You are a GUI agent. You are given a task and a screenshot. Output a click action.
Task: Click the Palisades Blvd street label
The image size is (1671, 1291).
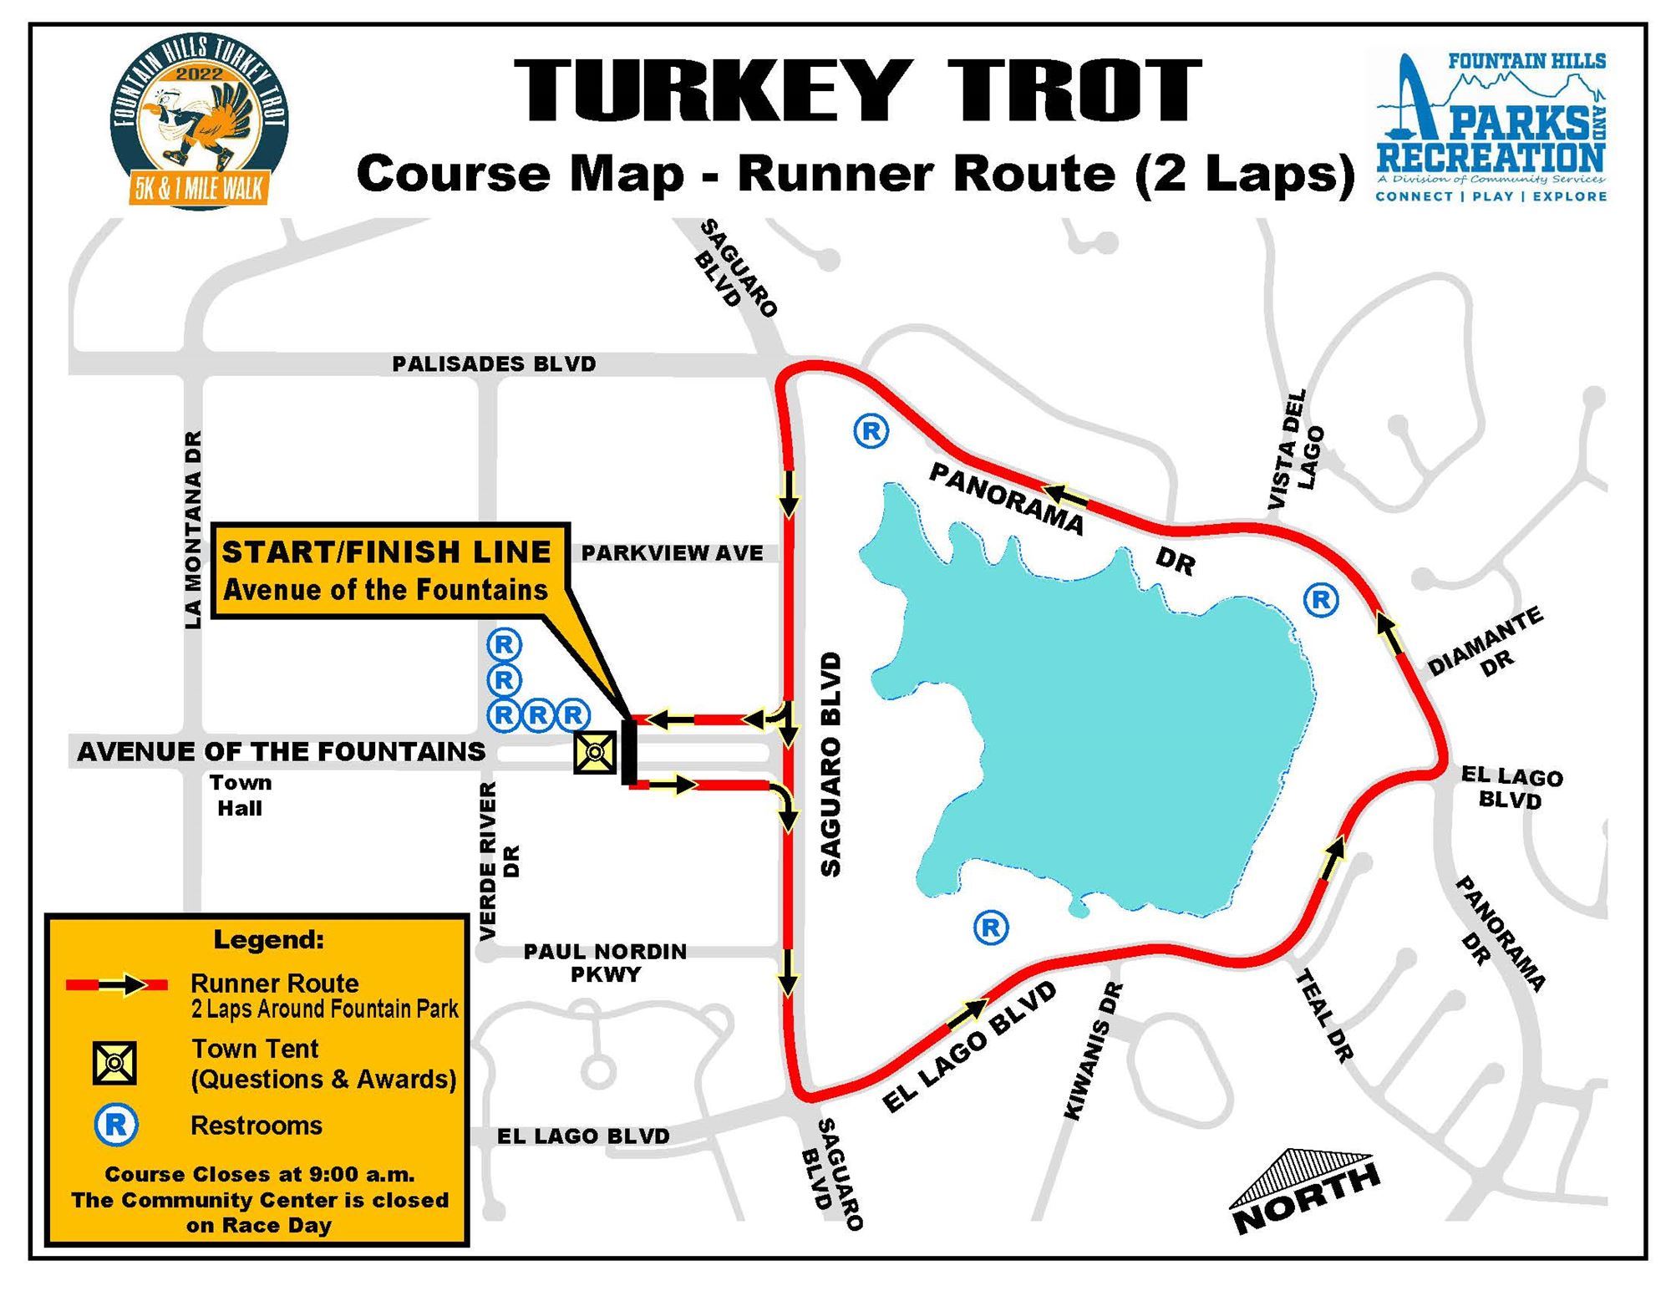pyautogui.click(x=494, y=364)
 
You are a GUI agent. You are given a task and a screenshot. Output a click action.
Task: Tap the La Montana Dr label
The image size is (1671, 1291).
pyautogui.click(x=193, y=530)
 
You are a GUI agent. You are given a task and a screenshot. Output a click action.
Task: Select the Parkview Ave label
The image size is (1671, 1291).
pyautogui.click(x=672, y=553)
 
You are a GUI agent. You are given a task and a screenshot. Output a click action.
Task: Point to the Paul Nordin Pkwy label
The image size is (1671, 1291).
pyautogui.click(x=605, y=963)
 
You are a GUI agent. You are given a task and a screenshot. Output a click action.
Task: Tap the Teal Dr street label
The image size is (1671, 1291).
pyautogui.click(x=1323, y=1015)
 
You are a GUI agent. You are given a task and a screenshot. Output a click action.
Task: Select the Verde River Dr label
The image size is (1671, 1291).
pyautogui.click(x=500, y=861)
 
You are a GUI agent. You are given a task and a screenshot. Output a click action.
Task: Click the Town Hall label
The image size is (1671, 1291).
pyautogui.click(x=240, y=795)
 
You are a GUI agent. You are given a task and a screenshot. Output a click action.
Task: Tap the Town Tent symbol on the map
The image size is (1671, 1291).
pyautogui.click(x=594, y=752)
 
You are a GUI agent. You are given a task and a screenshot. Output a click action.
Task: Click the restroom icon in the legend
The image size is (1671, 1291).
pyautogui.click(x=116, y=1125)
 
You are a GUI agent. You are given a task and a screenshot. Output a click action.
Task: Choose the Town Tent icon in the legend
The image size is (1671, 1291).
pyautogui.click(x=114, y=1064)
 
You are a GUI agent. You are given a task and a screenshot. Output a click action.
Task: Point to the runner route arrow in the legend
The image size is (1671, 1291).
pyautogui.click(x=118, y=985)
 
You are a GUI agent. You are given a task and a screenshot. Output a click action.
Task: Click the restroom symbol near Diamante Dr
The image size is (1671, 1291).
pyautogui.click(x=1321, y=599)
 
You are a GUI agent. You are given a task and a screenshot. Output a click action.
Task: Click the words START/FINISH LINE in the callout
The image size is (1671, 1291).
pyautogui.click(x=386, y=552)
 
